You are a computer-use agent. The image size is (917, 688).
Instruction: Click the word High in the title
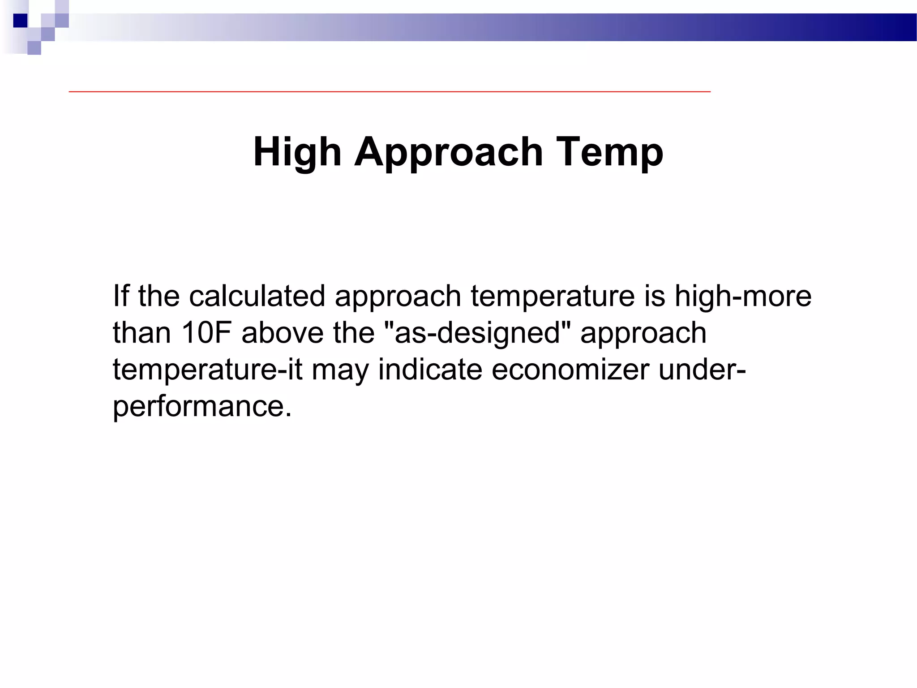point(297,152)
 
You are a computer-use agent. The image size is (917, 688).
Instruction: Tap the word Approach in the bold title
point(449,152)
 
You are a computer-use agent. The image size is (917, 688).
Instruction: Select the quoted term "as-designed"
point(477,333)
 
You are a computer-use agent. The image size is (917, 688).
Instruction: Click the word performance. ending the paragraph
point(202,407)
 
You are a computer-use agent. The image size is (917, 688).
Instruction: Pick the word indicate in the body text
point(430,370)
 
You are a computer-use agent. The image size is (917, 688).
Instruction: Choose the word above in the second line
point(282,333)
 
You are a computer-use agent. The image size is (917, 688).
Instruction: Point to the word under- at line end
point(702,370)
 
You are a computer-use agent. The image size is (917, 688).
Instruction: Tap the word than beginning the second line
point(142,333)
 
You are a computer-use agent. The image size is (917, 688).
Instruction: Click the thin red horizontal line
point(390,91)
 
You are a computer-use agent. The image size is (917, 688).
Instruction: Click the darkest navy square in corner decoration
point(20,21)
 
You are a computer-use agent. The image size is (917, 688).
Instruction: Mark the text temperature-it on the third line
point(208,370)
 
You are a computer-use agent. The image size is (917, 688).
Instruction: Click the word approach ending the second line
point(643,333)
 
